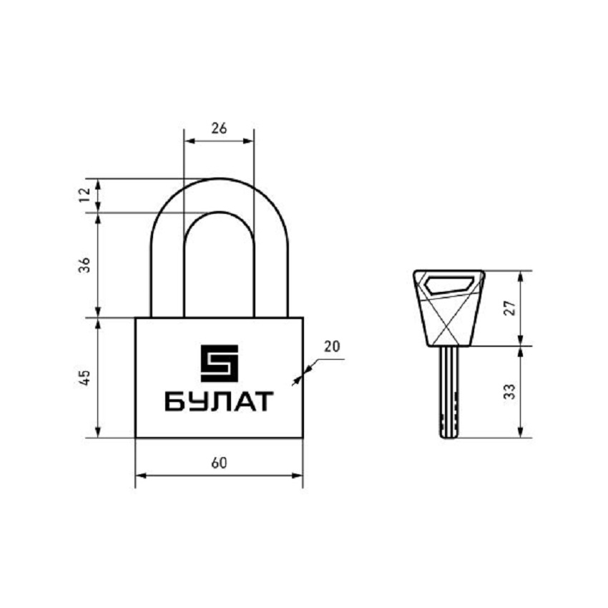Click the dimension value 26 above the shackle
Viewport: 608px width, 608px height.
219,128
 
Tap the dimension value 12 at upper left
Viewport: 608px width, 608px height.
84,195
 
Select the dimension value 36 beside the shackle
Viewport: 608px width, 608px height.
84,265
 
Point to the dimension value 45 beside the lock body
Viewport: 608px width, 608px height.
84,377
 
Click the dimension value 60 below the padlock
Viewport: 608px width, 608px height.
219,463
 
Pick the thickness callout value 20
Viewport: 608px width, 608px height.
332,346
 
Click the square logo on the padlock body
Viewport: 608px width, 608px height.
219,363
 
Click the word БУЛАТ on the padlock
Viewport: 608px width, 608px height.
219,401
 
